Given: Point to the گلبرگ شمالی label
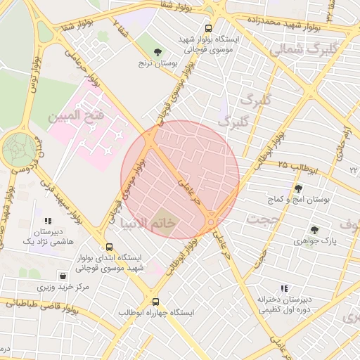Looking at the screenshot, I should click(295, 50).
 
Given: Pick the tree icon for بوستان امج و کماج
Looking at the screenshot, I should click(298, 188).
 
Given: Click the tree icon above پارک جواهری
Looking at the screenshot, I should click(314, 229).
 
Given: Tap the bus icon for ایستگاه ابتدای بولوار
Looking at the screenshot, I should click(108, 247).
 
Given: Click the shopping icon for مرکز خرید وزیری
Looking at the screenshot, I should click(64, 276).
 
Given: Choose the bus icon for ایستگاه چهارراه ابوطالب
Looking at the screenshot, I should click(156, 300).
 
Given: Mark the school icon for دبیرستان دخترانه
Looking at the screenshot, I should click(285, 288).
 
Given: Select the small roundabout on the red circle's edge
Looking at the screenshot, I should click(212, 223).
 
